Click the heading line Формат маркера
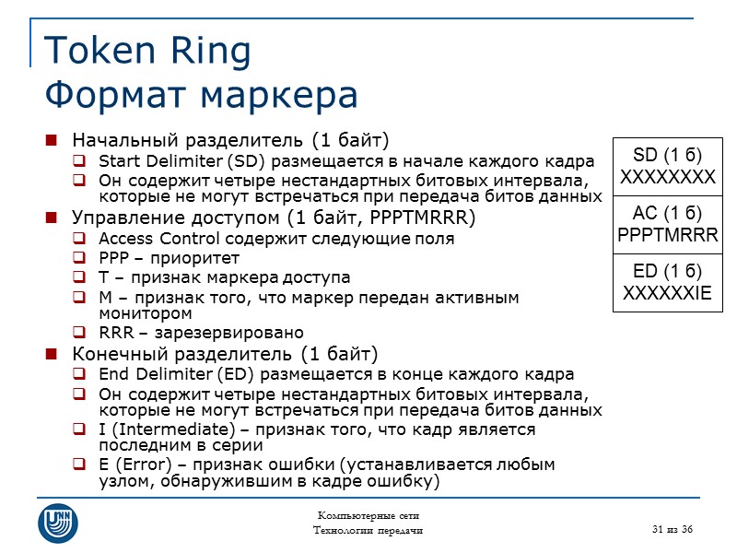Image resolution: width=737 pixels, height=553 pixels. tap(201, 94)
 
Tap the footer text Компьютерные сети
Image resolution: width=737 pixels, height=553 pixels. tap(368, 514)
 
